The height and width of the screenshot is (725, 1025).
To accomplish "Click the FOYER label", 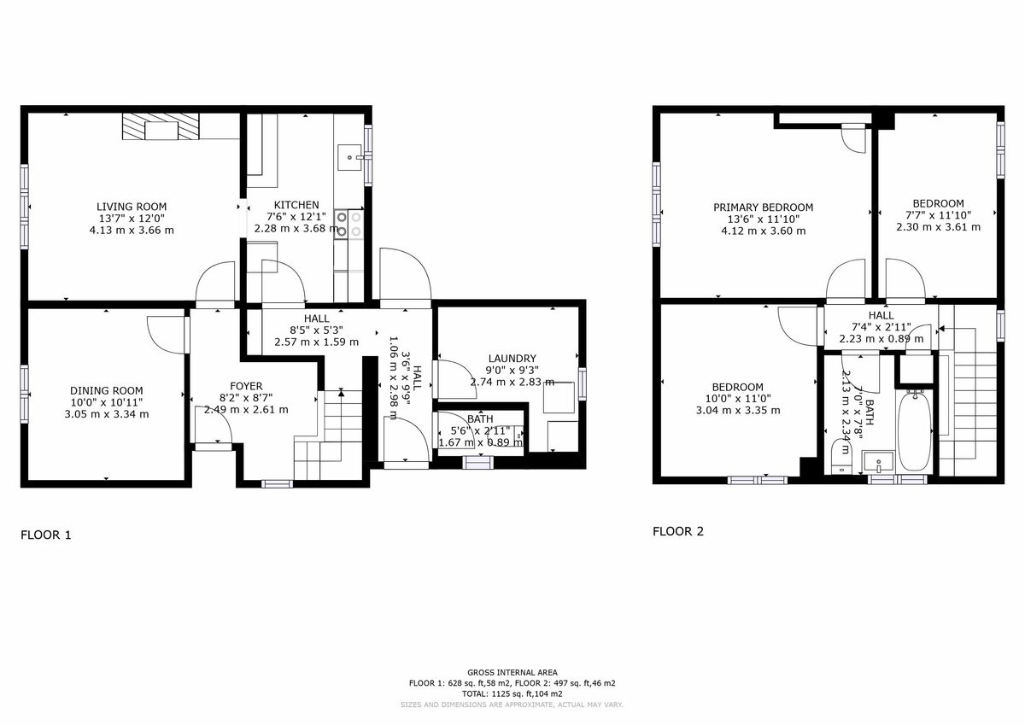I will pos(246,386).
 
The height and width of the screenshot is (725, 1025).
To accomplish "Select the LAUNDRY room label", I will pos(512,358).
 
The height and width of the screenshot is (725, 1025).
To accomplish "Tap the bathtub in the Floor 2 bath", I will pos(915,433).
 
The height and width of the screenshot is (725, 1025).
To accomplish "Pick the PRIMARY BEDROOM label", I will pos(763,208).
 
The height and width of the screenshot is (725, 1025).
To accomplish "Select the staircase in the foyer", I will pos(329,436).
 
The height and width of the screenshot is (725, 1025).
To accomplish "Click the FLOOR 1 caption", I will pos(46,535).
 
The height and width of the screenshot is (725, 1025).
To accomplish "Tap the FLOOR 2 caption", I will pos(678,531).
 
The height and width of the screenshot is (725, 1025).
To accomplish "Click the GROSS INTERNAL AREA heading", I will pos(512,673).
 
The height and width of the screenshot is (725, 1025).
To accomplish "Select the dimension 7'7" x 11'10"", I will pos(938,215).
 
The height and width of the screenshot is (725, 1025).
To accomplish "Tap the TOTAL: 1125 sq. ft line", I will pos(512,693).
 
